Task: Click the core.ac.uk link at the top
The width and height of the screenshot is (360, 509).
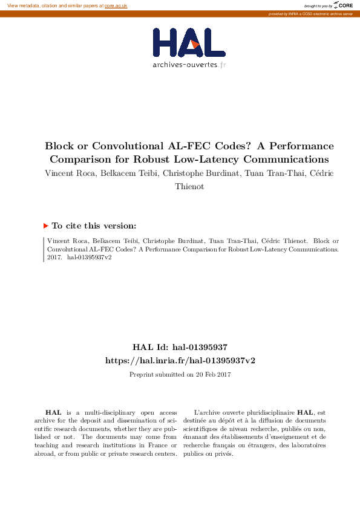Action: (x=116, y=5)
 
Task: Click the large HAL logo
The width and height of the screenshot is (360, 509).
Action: (x=189, y=43)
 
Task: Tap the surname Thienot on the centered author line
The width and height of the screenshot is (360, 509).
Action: (x=189, y=187)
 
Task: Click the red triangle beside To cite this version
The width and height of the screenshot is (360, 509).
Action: (x=45, y=226)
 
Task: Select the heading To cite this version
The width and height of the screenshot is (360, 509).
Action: (x=94, y=226)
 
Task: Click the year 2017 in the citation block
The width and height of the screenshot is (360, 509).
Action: (x=54, y=257)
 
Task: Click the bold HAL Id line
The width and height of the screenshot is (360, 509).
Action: (x=180, y=347)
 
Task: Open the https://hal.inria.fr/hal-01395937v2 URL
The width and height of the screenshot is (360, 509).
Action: (x=180, y=360)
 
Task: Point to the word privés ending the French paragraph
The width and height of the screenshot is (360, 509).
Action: (x=223, y=454)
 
